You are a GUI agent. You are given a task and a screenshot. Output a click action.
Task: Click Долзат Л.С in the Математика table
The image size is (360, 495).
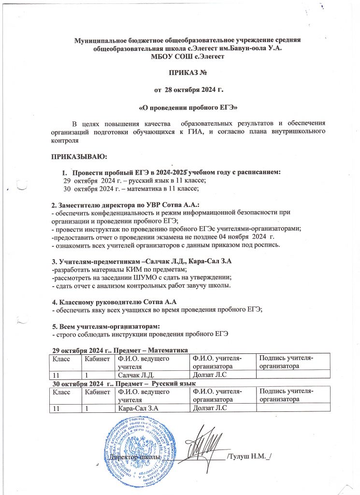[x=208, y=375]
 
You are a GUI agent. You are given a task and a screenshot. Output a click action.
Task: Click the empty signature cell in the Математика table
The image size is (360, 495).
[x=292, y=375]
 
